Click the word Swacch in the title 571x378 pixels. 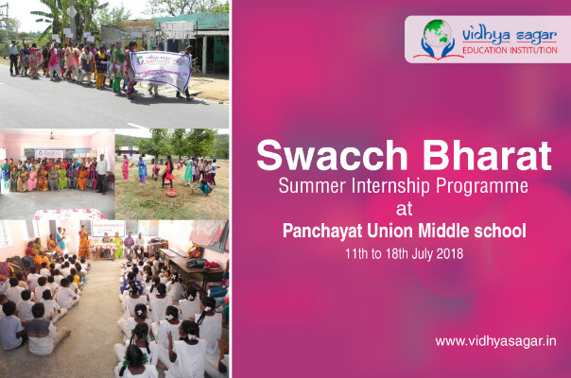pos(332,156)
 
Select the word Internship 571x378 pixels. pos(390,186)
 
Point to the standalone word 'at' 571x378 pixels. pos(404,210)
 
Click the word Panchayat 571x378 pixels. pos(322,232)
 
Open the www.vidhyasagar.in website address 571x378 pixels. pos(495,341)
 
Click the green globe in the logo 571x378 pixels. pos(438,32)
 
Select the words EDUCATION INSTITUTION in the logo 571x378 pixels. pos(510,50)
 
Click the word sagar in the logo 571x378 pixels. pos(536,37)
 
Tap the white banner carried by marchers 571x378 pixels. pos(161,70)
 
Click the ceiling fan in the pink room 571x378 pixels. pos(52,137)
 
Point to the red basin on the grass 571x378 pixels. pos(171,193)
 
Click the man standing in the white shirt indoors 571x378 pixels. pos(102,174)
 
